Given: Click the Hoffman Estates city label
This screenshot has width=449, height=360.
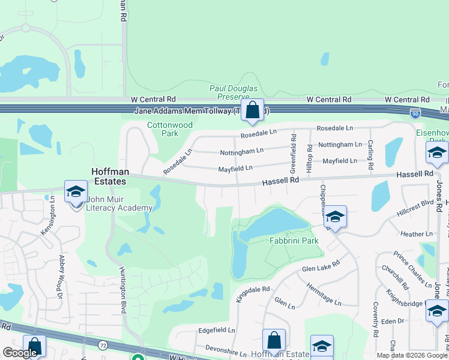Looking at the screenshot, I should coord(109,176).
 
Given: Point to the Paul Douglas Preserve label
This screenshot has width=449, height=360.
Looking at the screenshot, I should coord(229,92).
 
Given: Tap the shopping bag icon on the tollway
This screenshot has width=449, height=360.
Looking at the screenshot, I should coord(253,110).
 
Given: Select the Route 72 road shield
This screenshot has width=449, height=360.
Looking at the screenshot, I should coord(103,345).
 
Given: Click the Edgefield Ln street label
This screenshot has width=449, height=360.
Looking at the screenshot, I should coord(217,331).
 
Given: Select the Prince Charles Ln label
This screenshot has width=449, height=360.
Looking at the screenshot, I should coord(413,263).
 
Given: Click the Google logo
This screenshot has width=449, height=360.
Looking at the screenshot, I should coord(20,353).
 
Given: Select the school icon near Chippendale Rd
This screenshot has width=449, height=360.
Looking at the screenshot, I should coord(336,217).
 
